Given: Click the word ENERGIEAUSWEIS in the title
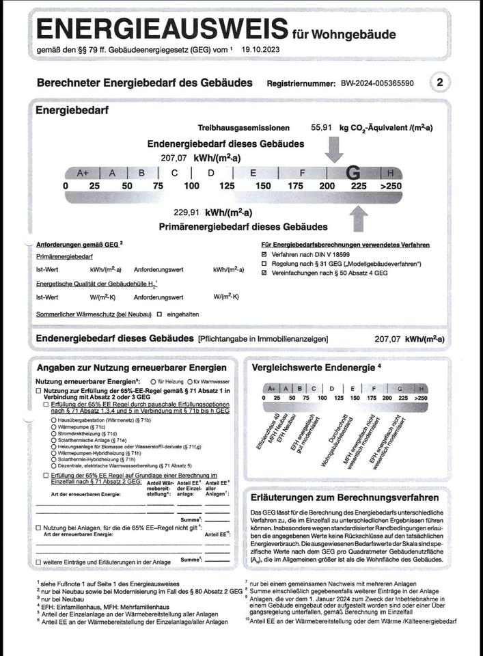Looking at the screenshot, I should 161,30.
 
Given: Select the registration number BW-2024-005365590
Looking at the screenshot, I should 376,83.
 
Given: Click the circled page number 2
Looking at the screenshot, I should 441,83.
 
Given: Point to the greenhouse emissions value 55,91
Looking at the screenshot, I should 322,128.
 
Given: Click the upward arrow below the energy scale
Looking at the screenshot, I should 358,219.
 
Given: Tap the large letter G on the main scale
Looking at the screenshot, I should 353,173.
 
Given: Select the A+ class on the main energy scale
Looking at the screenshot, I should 83,173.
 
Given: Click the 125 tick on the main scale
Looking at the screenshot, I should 227,186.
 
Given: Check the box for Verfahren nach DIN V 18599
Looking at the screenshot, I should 264,254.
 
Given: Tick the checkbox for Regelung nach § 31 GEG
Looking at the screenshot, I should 264,264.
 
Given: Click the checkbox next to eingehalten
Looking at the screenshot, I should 159,315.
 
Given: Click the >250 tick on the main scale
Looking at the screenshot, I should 391,186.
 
